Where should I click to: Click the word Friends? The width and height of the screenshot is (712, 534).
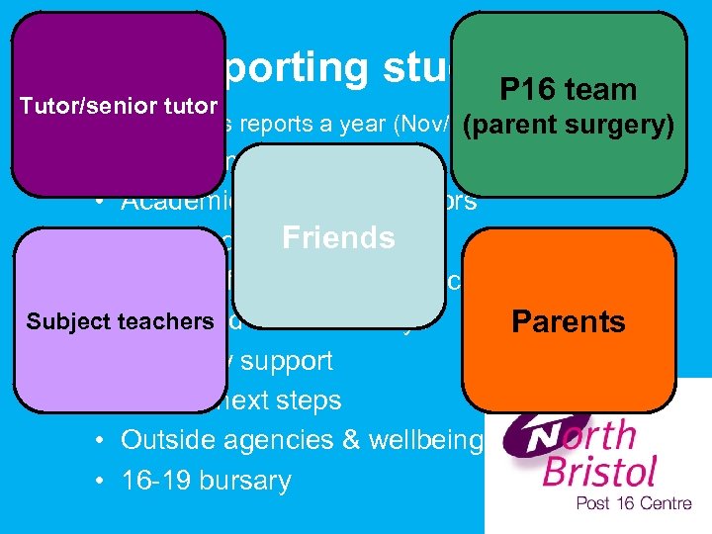click(338, 238)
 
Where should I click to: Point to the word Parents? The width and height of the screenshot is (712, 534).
click(568, 322)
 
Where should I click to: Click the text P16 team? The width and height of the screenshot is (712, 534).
click(568, 90)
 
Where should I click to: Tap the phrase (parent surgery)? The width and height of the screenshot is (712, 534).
click(568, 127)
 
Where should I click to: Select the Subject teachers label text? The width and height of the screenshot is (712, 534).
click(120, 321)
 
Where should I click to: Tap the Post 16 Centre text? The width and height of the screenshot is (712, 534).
click(634, 504)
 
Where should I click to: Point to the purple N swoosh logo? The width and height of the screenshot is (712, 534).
click(534, 435)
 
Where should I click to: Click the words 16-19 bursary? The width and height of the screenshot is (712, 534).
click(206, 481)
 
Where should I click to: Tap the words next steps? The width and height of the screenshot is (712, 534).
click(296, 400)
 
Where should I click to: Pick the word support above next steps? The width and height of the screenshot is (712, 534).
click(286, 361)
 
